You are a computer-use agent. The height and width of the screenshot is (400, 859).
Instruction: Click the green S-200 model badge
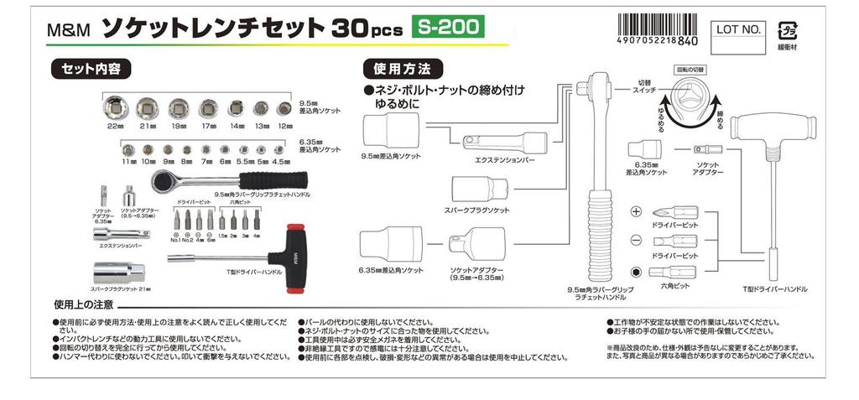(447, 28)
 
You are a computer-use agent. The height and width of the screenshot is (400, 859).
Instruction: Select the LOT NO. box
(739, 29)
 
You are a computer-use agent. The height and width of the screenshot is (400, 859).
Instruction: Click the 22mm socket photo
(115, 107)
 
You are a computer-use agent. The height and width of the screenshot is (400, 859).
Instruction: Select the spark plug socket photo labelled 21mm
(120, 271)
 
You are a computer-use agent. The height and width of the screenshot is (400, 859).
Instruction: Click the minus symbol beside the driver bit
(636, 241)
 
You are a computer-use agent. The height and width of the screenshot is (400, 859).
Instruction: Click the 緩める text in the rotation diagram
(662, 116)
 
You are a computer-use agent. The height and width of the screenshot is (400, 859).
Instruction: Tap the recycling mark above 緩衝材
(789, 30)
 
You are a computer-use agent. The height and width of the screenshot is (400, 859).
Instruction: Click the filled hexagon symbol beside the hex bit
(636, 271)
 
